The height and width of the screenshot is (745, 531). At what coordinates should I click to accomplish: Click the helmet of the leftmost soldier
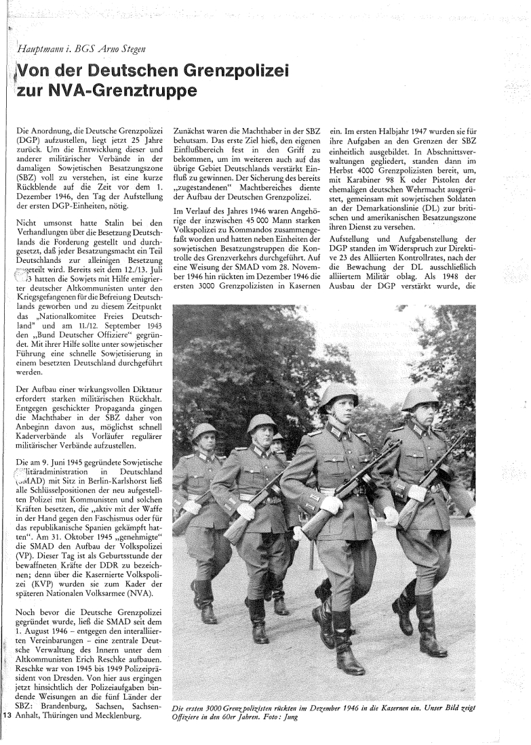(203, 431)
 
